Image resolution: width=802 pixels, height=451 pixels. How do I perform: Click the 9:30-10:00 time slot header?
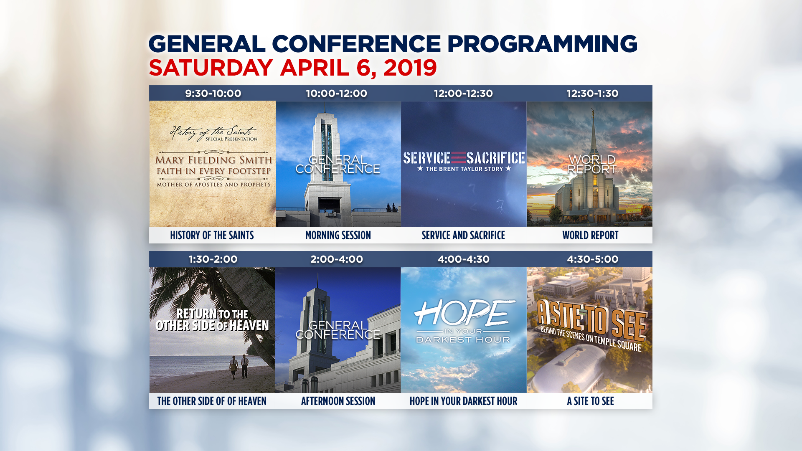point(213,94)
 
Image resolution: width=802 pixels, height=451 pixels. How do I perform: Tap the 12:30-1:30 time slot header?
point(592,94)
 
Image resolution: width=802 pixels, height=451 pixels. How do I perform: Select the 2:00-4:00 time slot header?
point(337,259)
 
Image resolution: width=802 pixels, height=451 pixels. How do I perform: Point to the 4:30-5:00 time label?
point(592,259)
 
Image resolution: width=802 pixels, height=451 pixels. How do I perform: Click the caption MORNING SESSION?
point(338,236)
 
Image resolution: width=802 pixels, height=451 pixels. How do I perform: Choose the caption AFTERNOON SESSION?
point(338,401)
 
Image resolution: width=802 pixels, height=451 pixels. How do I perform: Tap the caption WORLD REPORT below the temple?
point(590,236)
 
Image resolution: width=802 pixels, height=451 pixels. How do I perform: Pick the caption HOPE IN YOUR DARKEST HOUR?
point(463,401)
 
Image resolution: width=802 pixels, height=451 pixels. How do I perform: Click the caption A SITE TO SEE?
point(590,401)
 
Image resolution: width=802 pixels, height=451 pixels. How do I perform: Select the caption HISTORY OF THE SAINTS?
point(212,236)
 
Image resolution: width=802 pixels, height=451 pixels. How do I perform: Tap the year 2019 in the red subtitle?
point(410,68)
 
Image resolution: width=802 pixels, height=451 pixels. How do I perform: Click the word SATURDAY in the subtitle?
point(211,68)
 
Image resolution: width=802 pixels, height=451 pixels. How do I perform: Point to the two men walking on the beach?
point(239,367)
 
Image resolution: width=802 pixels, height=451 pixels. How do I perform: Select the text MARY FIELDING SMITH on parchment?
point(213,160)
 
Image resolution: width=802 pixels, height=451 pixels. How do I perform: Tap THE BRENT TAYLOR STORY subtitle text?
point(464,169)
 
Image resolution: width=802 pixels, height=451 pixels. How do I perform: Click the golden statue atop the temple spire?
point(592,112)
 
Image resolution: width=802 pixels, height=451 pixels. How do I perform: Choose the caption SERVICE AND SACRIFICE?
point(463,236)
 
